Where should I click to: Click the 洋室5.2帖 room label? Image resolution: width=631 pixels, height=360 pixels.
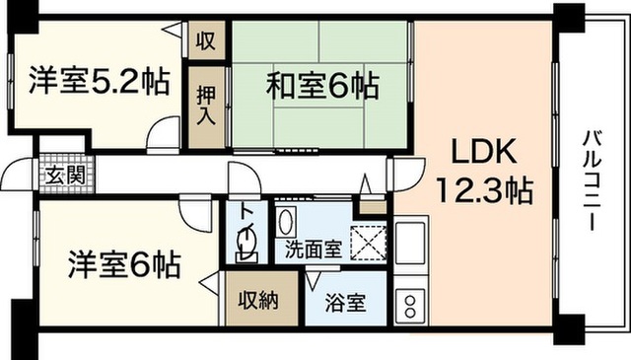99,81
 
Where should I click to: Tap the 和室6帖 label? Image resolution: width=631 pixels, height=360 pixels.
322,86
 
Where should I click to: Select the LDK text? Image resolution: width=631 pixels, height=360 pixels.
484,152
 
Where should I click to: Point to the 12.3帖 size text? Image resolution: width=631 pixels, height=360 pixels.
484,190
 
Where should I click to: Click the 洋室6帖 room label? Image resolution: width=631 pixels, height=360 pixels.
124,265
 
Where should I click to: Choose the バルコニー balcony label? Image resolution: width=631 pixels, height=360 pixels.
592,180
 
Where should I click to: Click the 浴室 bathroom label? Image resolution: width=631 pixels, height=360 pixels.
345,303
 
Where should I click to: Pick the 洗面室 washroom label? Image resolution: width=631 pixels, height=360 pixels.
314,250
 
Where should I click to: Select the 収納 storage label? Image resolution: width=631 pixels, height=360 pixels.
258,300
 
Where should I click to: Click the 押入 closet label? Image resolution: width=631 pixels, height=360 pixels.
206,107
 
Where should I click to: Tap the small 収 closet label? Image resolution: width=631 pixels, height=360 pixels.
206,40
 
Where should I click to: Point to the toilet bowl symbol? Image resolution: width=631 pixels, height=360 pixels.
245,244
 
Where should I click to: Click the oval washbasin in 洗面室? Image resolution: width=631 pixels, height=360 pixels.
286,222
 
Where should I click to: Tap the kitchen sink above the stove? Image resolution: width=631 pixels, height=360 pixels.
410,242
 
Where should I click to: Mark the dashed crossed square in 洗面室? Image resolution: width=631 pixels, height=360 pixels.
368,244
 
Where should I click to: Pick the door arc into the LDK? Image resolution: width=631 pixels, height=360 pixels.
407,175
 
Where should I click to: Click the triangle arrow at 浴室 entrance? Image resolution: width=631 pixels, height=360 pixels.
313,280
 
